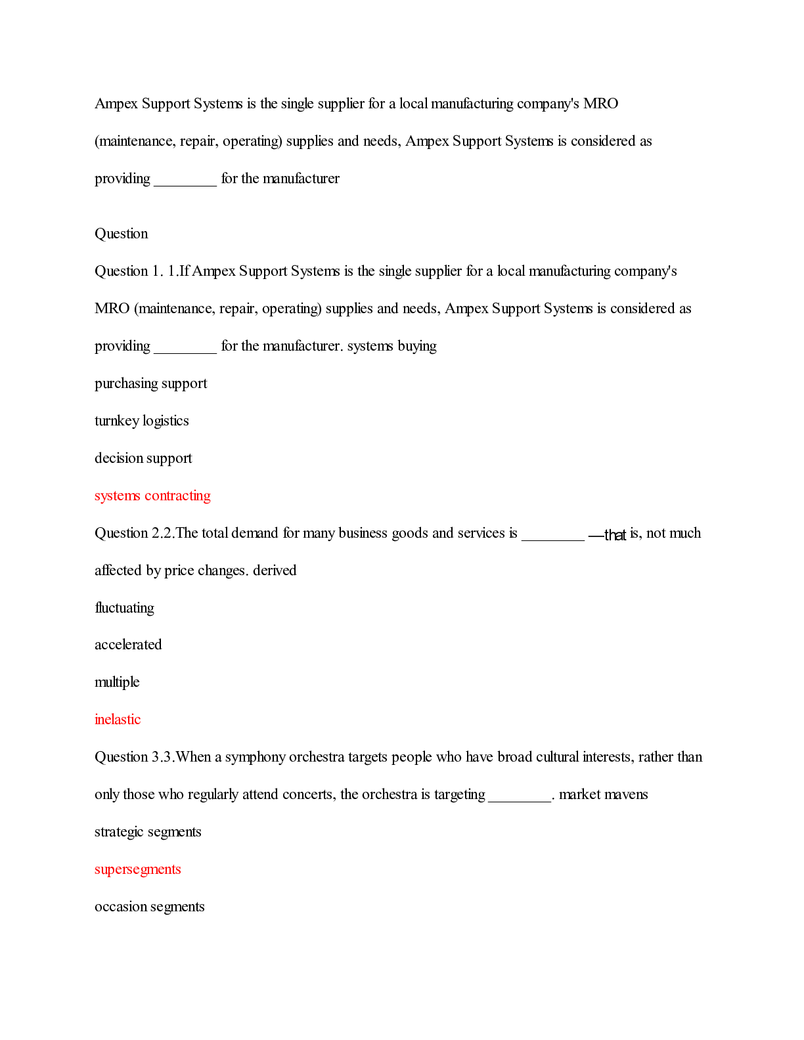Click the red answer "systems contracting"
pos(152,496)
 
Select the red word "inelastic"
pos(118,720)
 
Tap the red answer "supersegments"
pos(137,869)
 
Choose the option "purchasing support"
pos(150,383)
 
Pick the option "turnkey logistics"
pos(141,421)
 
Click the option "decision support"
pos(143,458)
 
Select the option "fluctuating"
pos(124,608)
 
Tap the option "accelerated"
pos(128,645)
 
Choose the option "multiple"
pos(117,682)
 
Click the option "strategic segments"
pos(148,832)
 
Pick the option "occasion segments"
pos(149,907)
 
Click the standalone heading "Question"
pos(121,234)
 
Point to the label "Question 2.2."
pos(135,533)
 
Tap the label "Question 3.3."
pos(135,757)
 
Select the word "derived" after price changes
pos(275,571)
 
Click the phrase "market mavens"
pos(603,794)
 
